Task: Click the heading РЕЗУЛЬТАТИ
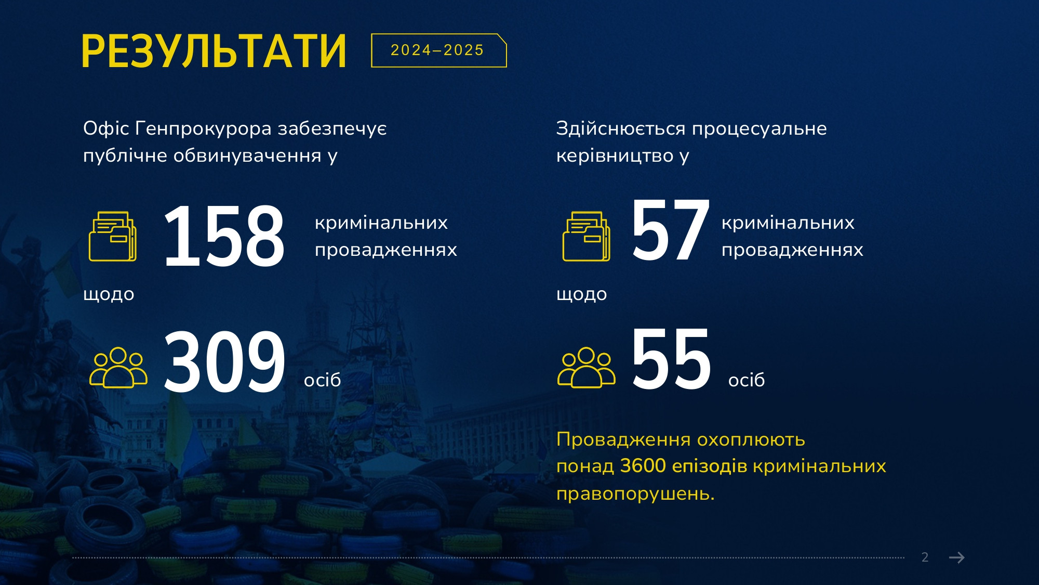pos(214,51)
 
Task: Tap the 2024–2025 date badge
pos(438,50)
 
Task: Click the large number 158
pos(224,237)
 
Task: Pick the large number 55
pos(671,359)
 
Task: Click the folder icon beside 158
pos(113,236)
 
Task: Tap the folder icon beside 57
pos(586,236)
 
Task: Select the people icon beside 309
pos(118,368)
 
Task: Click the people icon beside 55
pos(587,368)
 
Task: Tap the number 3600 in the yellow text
pos(643,466)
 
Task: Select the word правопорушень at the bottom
pos(635,493)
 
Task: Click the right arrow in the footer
pos(957,557)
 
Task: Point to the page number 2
pos(925,557)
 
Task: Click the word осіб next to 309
pos(323,380)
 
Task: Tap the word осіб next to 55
pos(747,380)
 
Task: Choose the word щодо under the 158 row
pos(109,295)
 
